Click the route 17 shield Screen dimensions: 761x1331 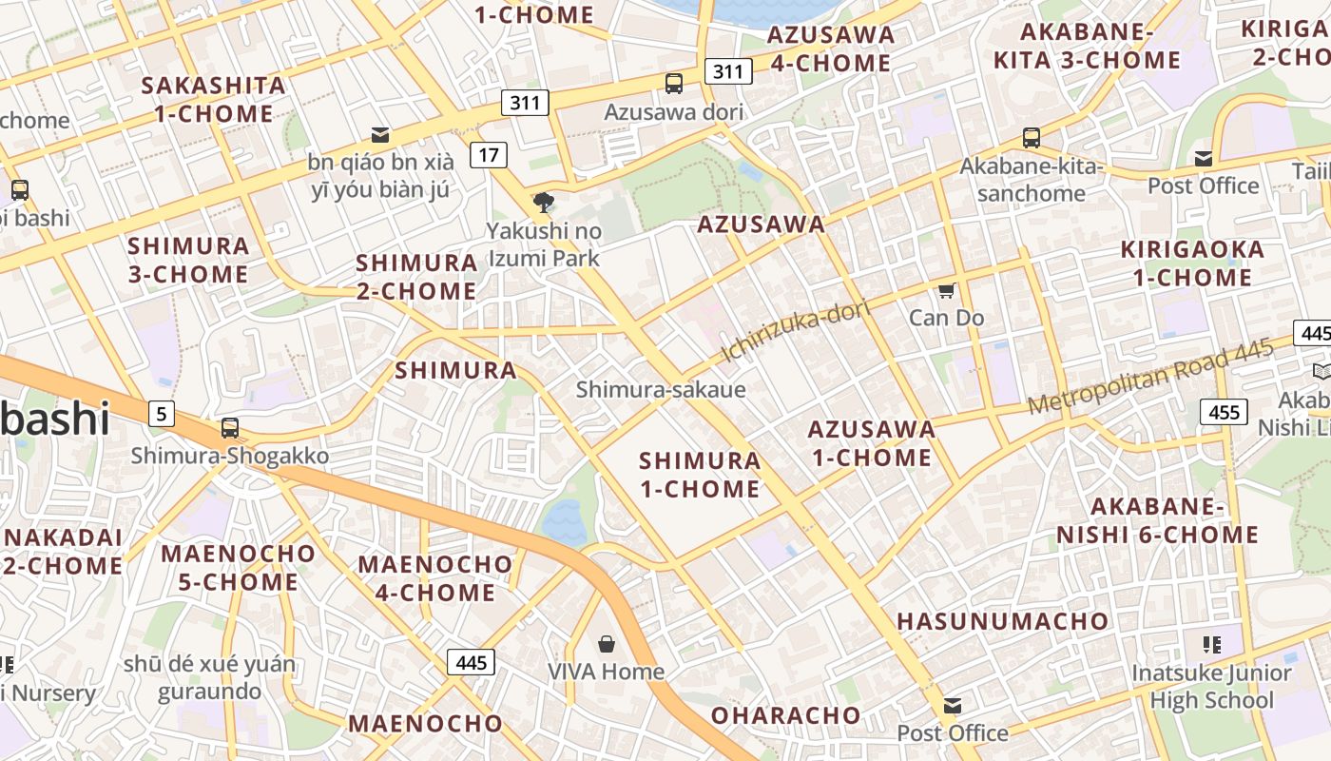pyautogui.click(x=488, y=154)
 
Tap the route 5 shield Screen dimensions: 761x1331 pyautogui.click(x=162, y=414)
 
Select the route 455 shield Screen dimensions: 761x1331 pyautogui.click(x=1224, y=412)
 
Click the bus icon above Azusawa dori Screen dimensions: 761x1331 pyautogui.click(x=674, y=84)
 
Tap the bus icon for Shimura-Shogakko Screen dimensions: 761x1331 pyautogui.click(x=229, y=428)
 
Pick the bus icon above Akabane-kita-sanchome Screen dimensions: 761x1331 pyautogui.click(x=1032, y=137)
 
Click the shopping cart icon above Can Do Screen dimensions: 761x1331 pyautogui.click(x=946, y=290)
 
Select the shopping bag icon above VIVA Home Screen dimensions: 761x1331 pyautogui.click(x=606, y=644)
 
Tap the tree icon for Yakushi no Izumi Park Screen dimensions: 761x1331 pyautogui.click(x=544, y=202)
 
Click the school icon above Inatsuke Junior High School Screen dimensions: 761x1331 pyautogui.click(x=1211, y=645)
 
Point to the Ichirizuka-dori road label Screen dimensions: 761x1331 pyautogui.click(x=783, y=332)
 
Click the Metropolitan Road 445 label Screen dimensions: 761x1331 pyautogui.click(x=1150, y=378)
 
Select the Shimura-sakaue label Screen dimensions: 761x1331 pyautogui.click(x=661, y=389)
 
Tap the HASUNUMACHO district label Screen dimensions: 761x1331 pyautogui.click(x=1003, y=622)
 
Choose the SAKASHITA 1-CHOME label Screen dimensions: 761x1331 pyautogui.click(x=213, y=100)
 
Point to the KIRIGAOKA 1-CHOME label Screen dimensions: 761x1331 pyautogui.click(x=1192, y=263)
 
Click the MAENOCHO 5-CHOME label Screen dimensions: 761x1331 pyautogui.click(x=238, y=568)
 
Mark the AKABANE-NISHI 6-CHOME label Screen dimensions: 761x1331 pyautogui.click(x=1157, y=520)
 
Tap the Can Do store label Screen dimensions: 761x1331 pyautogui.click(x=946, y=318)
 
